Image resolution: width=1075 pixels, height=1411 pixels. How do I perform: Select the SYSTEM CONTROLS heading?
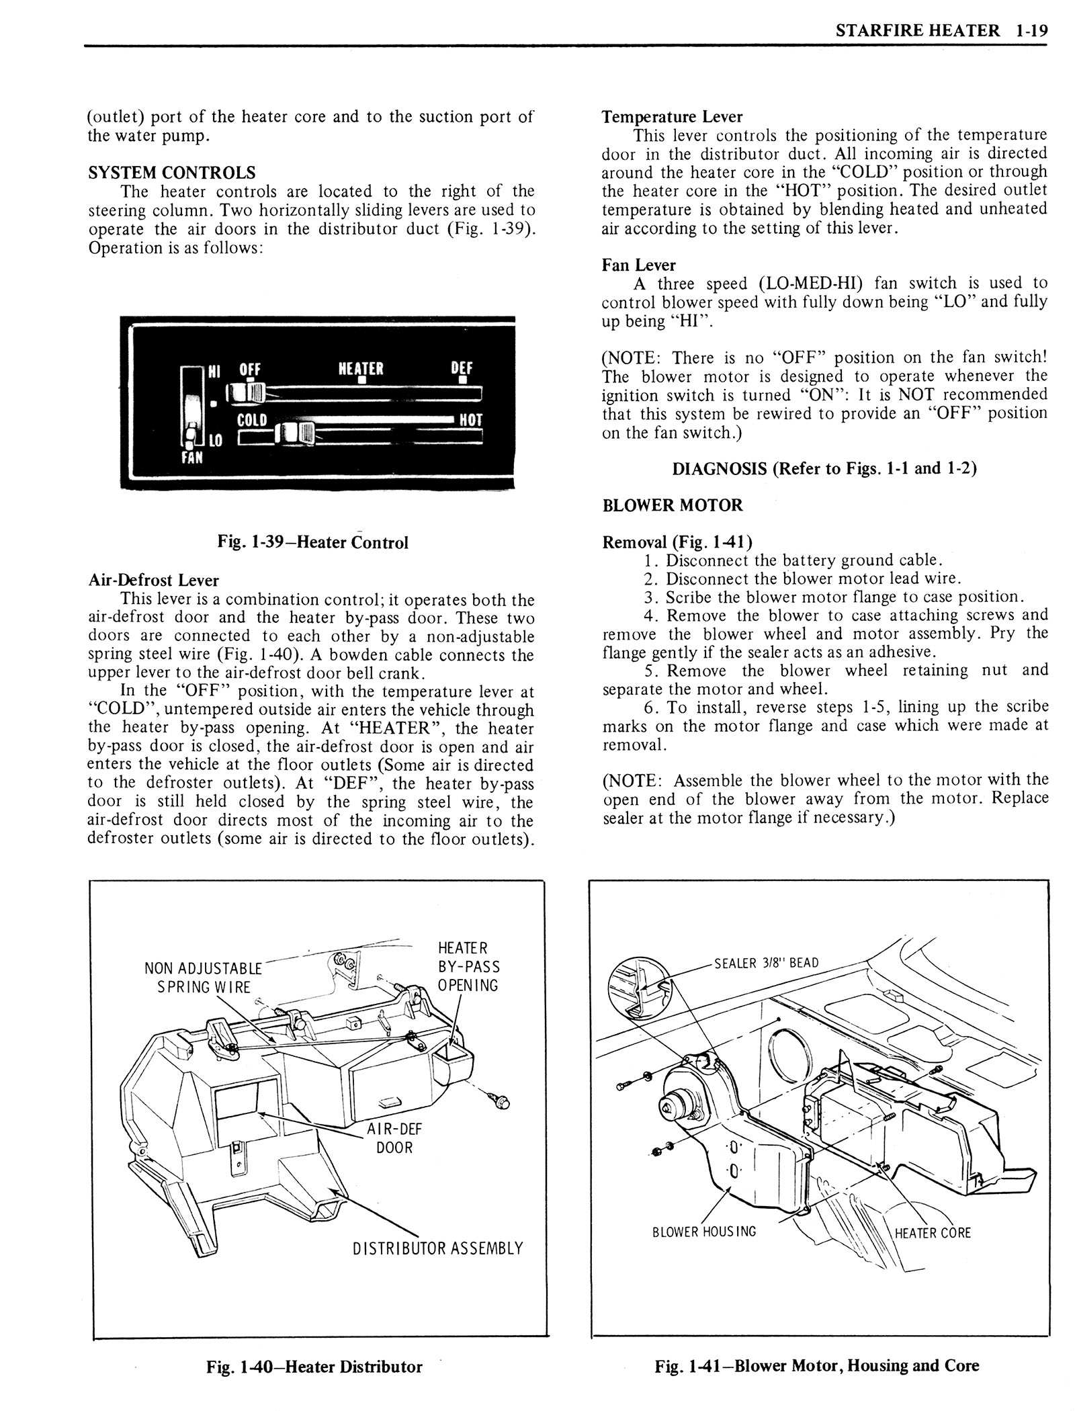171,173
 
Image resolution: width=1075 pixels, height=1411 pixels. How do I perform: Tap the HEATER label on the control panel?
361,369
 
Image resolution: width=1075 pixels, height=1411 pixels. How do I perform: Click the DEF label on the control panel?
462,368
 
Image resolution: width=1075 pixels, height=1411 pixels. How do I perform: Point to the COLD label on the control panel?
253,421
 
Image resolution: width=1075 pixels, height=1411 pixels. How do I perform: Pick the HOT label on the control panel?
471,421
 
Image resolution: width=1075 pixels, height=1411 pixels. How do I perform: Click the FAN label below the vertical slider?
194,458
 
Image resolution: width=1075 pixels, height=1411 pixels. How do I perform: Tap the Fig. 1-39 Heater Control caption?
313,542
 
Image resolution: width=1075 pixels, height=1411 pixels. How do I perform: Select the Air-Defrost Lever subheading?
154,580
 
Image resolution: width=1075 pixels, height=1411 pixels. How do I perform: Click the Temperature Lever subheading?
672,117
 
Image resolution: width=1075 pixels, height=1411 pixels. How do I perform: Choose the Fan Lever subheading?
639,265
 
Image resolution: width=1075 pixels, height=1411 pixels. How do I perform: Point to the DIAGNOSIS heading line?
824,468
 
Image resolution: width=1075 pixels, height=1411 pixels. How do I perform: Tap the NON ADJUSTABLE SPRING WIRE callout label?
203,978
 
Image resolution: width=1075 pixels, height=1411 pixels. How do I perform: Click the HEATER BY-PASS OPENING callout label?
468,967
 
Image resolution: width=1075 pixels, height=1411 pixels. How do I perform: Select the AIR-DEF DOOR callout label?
394,1138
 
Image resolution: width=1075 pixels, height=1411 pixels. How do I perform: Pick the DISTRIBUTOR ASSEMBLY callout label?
437,1248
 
